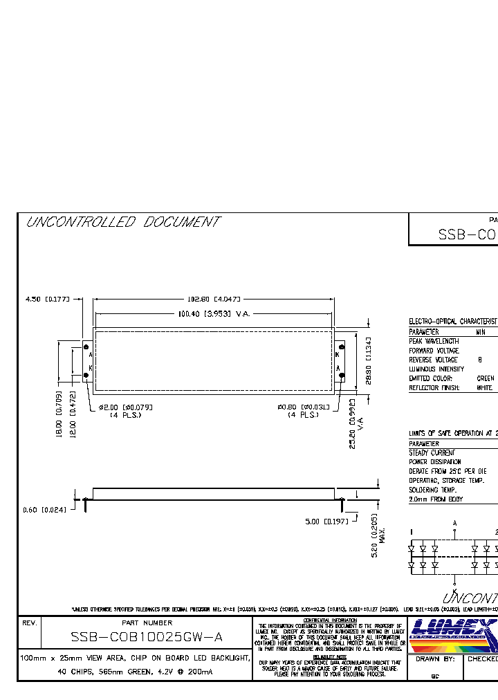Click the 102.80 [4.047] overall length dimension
214,299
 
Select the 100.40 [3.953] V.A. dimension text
214,314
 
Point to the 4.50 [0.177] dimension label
48,299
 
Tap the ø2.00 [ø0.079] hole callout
126,407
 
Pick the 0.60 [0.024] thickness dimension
45,510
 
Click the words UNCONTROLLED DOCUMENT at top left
122,222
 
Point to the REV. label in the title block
30,623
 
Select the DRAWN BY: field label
434,659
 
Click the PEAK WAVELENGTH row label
434,341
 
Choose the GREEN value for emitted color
486,378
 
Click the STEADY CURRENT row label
432,452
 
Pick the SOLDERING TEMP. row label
432,490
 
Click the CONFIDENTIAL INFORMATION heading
329,620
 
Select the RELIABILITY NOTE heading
329,656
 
